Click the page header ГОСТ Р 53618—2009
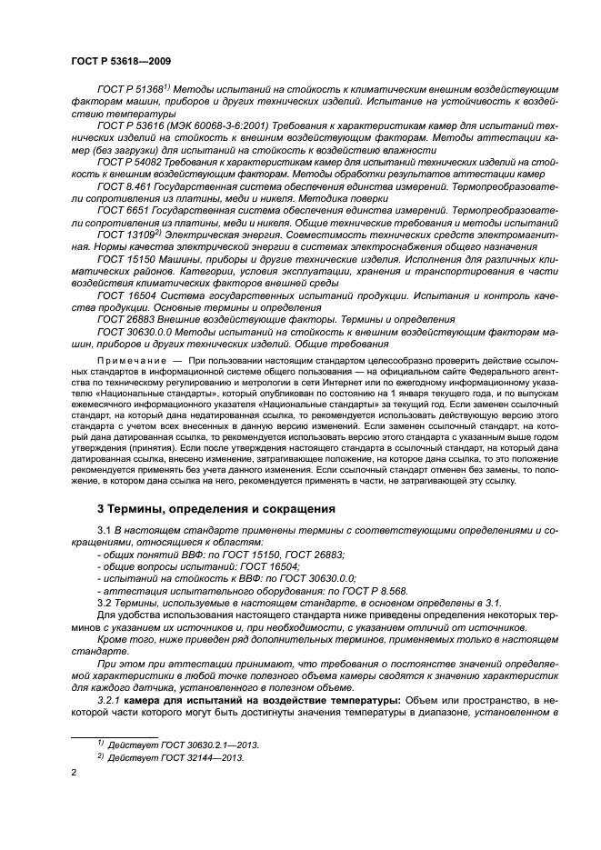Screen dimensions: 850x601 (122, 60)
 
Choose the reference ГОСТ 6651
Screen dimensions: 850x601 (123, 210)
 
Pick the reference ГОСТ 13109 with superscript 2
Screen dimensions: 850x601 (126, 234)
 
